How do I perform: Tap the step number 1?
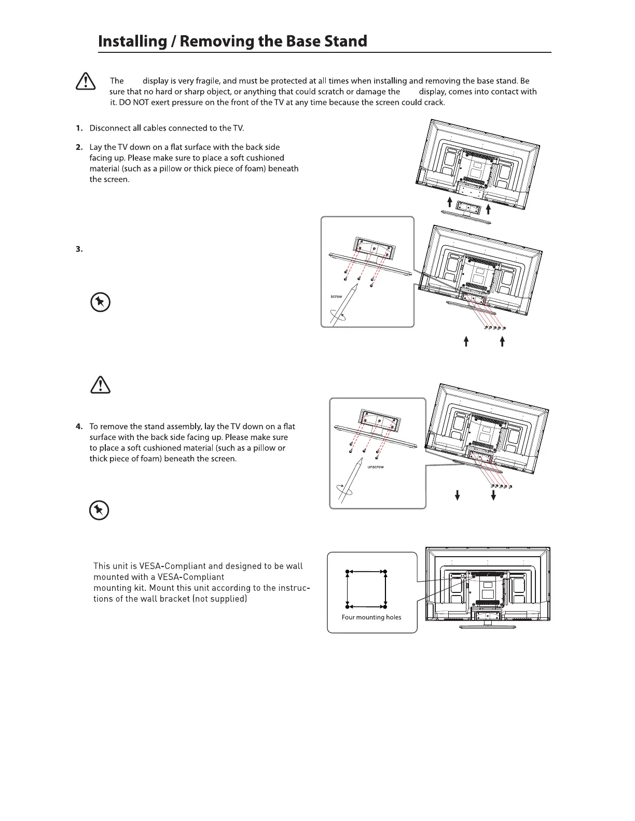[x=79, y=128]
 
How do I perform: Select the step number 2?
[x=79, y=147]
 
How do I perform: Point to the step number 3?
[x=79, y=249]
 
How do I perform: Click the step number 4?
[x=79, y=427]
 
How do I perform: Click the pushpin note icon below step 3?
[x=100, y=302]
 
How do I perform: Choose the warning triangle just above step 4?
[x=100, y=385]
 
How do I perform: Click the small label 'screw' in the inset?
[x=336, y=296]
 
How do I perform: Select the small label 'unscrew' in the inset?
[x=375, y=467]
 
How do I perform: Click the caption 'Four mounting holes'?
[x=371, y=617]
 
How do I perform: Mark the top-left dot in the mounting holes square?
[x=348, y=572]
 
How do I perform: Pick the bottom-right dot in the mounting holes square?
[x=385, y=605]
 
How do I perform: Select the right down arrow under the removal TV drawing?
[x=493, y=495]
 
